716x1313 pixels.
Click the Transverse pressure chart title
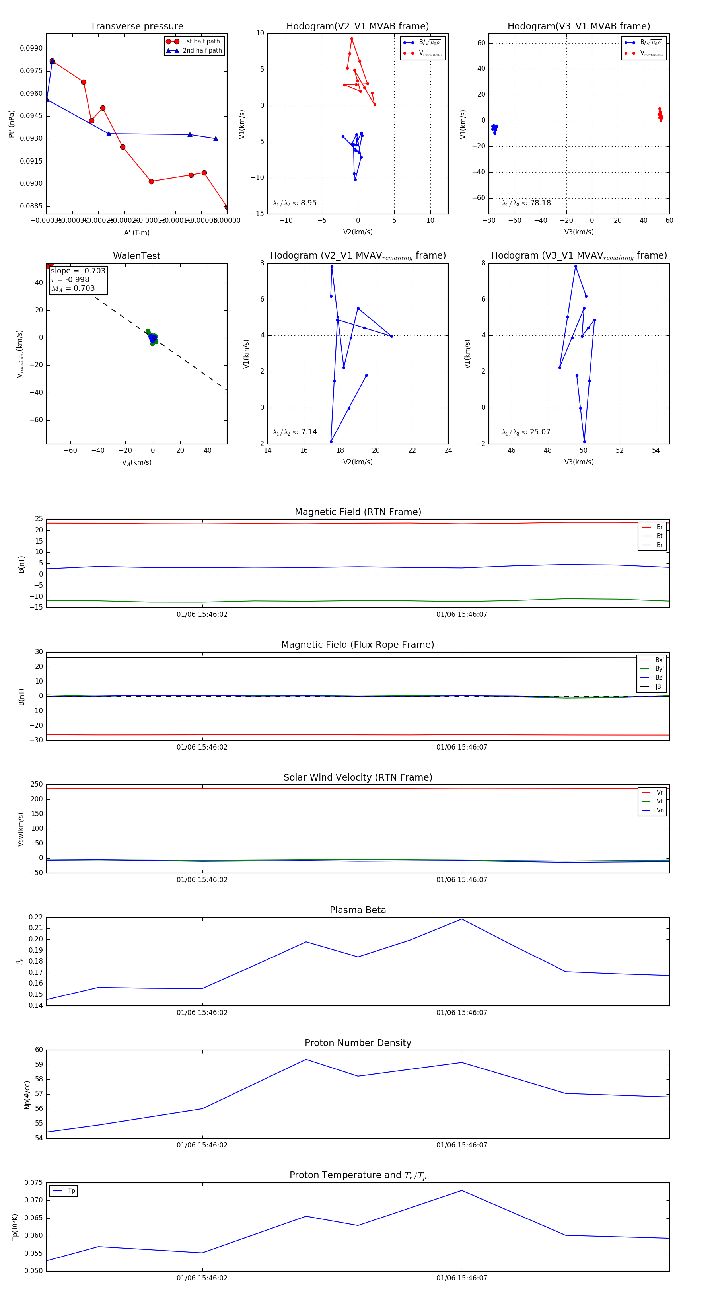[136, 27]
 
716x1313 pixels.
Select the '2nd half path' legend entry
[202, 51]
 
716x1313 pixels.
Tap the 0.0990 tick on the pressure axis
[31, 49]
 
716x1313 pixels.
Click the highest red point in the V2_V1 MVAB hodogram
[352, 39]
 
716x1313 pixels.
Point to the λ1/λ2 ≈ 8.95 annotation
[294, 203]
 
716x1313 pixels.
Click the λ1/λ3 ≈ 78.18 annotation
[526, 203]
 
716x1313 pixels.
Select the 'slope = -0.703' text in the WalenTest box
[78, 271]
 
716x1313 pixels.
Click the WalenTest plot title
[136, 256]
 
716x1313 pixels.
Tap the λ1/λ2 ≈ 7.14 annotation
[294, 432]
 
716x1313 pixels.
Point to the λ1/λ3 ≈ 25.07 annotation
[526, 432]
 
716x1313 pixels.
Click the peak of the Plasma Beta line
[462, 919]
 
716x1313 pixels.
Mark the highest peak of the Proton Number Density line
[306, 1060]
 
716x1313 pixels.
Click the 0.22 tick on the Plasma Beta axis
[36, 918]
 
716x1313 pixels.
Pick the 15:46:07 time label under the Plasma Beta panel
[462, 1013]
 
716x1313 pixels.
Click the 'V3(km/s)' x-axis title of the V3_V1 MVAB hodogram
[579, 232]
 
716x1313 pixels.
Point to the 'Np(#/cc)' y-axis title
[27, 1095]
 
